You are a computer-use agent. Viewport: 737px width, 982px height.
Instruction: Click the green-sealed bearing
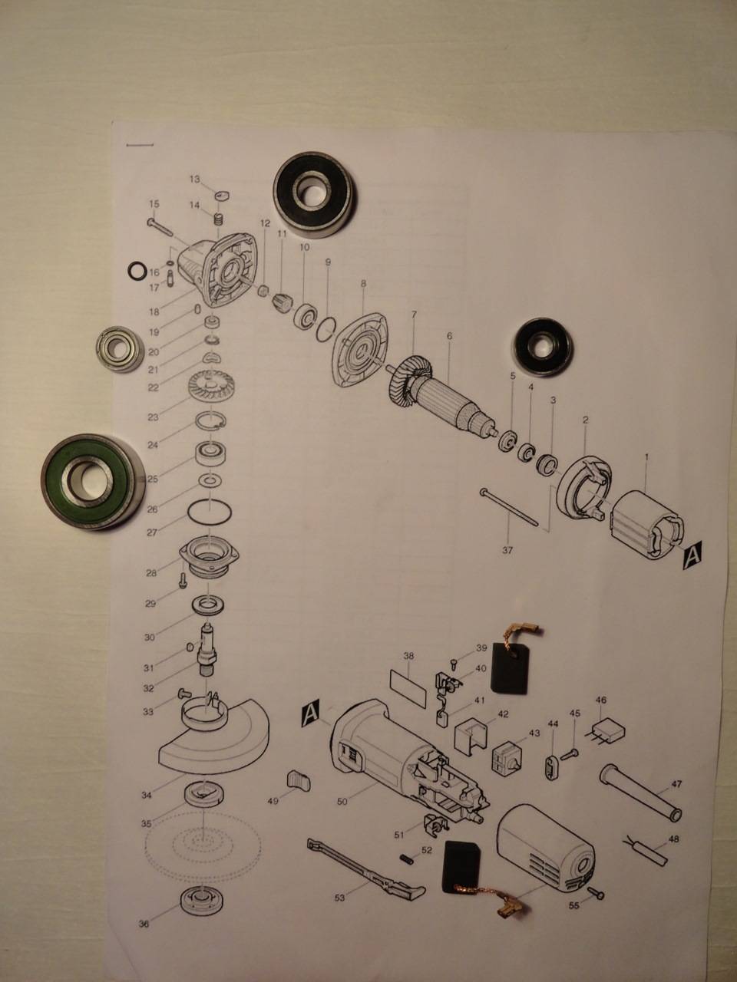[x=93, y=482]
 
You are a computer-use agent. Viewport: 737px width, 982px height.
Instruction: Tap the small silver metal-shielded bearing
[x=120, y=348]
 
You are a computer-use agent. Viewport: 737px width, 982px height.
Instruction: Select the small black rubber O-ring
[x=136, y=271]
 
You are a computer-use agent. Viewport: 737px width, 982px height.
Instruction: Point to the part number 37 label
[x=507, y=551]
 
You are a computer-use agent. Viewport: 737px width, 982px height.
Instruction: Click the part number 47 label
[x=676, y=784]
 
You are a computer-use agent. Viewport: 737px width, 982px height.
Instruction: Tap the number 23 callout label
[x=153, y=417]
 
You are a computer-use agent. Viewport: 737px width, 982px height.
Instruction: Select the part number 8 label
[x=363, y=284]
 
